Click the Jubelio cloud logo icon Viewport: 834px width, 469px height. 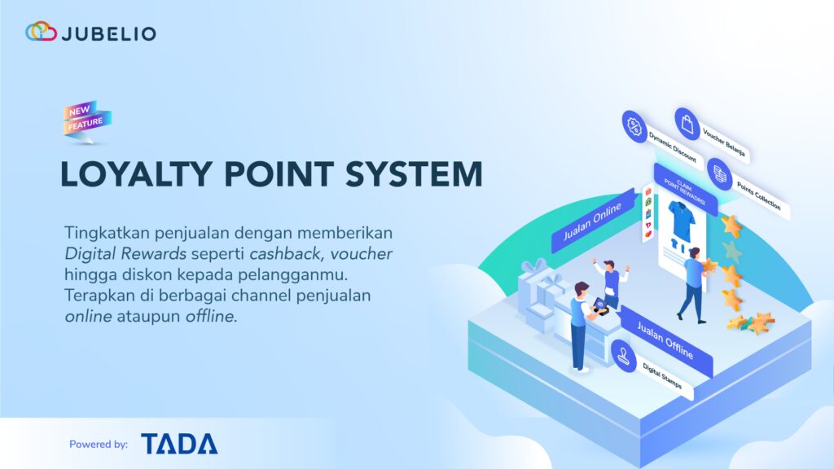click(41, 33)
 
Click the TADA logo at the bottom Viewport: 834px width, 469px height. click(179, 444)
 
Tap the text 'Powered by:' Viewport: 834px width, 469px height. click(99, 445)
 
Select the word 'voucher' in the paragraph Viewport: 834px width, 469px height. click(363, 254)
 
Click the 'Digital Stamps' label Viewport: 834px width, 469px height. click(662, 374)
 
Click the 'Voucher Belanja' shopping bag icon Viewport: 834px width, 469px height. click(688, 125)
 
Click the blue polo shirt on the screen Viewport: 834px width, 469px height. click(681, 218)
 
